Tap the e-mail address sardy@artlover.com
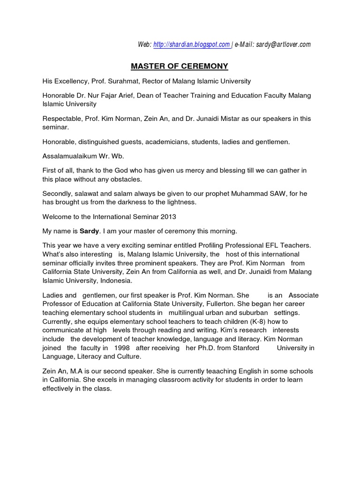point(280,45)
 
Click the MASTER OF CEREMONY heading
point(180,66)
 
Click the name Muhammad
point(233,194)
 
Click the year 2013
point(168,217)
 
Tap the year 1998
point(120,348)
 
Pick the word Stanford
point(242,348)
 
